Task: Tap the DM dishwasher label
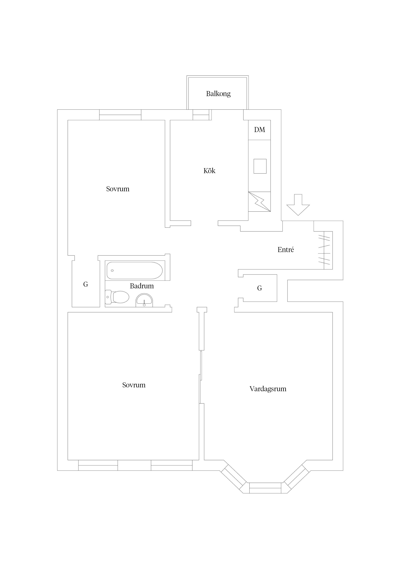click(259, 130)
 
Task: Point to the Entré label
click(286, 250)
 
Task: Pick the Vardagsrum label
click(268, 389)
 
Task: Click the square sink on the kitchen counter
click(260, 166)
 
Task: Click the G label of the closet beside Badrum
click(86, 284)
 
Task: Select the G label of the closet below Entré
click(259, 288)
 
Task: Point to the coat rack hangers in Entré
click(325, 250)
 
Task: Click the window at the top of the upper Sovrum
click(120, 115)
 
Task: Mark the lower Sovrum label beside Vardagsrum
click(134, 385)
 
